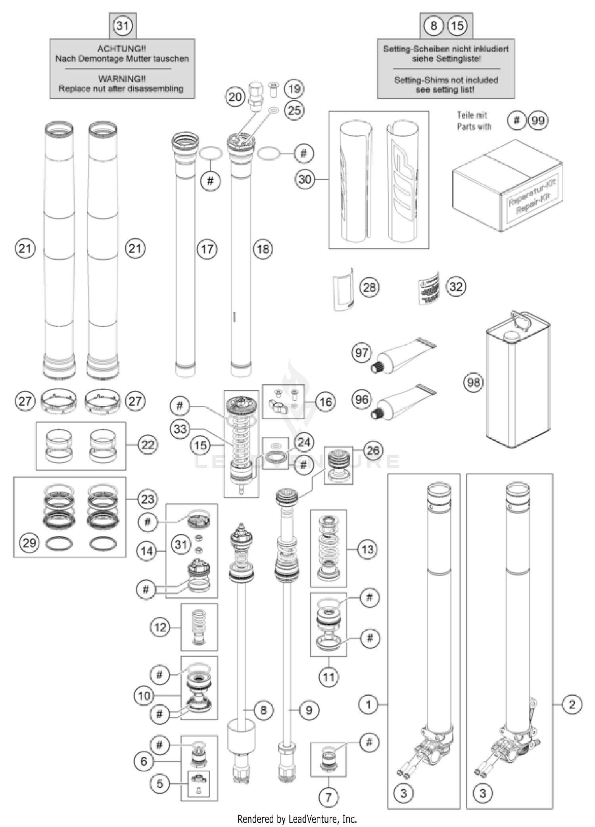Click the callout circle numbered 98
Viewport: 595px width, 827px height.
tap(473, 383)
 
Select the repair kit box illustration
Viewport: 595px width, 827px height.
tap(507, 185)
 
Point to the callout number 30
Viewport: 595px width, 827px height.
tap(305, 179)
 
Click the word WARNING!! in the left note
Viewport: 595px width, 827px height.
tap(122, 79)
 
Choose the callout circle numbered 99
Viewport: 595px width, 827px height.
tap(538, 120)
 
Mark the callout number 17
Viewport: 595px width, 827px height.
tap(207, 249)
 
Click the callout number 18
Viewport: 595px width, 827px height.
tap(263, 249)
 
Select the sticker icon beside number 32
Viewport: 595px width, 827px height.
tap(429, 288)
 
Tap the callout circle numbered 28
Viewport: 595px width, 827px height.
tap(369, 287)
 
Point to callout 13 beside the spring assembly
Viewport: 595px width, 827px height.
tap(367, 549)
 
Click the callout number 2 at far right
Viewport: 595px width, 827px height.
tap(572, 704)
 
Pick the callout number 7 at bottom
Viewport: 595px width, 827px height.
tap(328, 797)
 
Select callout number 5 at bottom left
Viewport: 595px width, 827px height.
tap(160, 783)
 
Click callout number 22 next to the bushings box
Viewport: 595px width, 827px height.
tap(148, 445)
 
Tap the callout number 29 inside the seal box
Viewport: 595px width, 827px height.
tap(29, 543)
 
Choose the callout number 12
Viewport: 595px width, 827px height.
tap(160, 627)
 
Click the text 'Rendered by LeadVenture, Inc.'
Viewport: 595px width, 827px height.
tap(297, 819)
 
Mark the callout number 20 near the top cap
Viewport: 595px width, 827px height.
tap(235, 97)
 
